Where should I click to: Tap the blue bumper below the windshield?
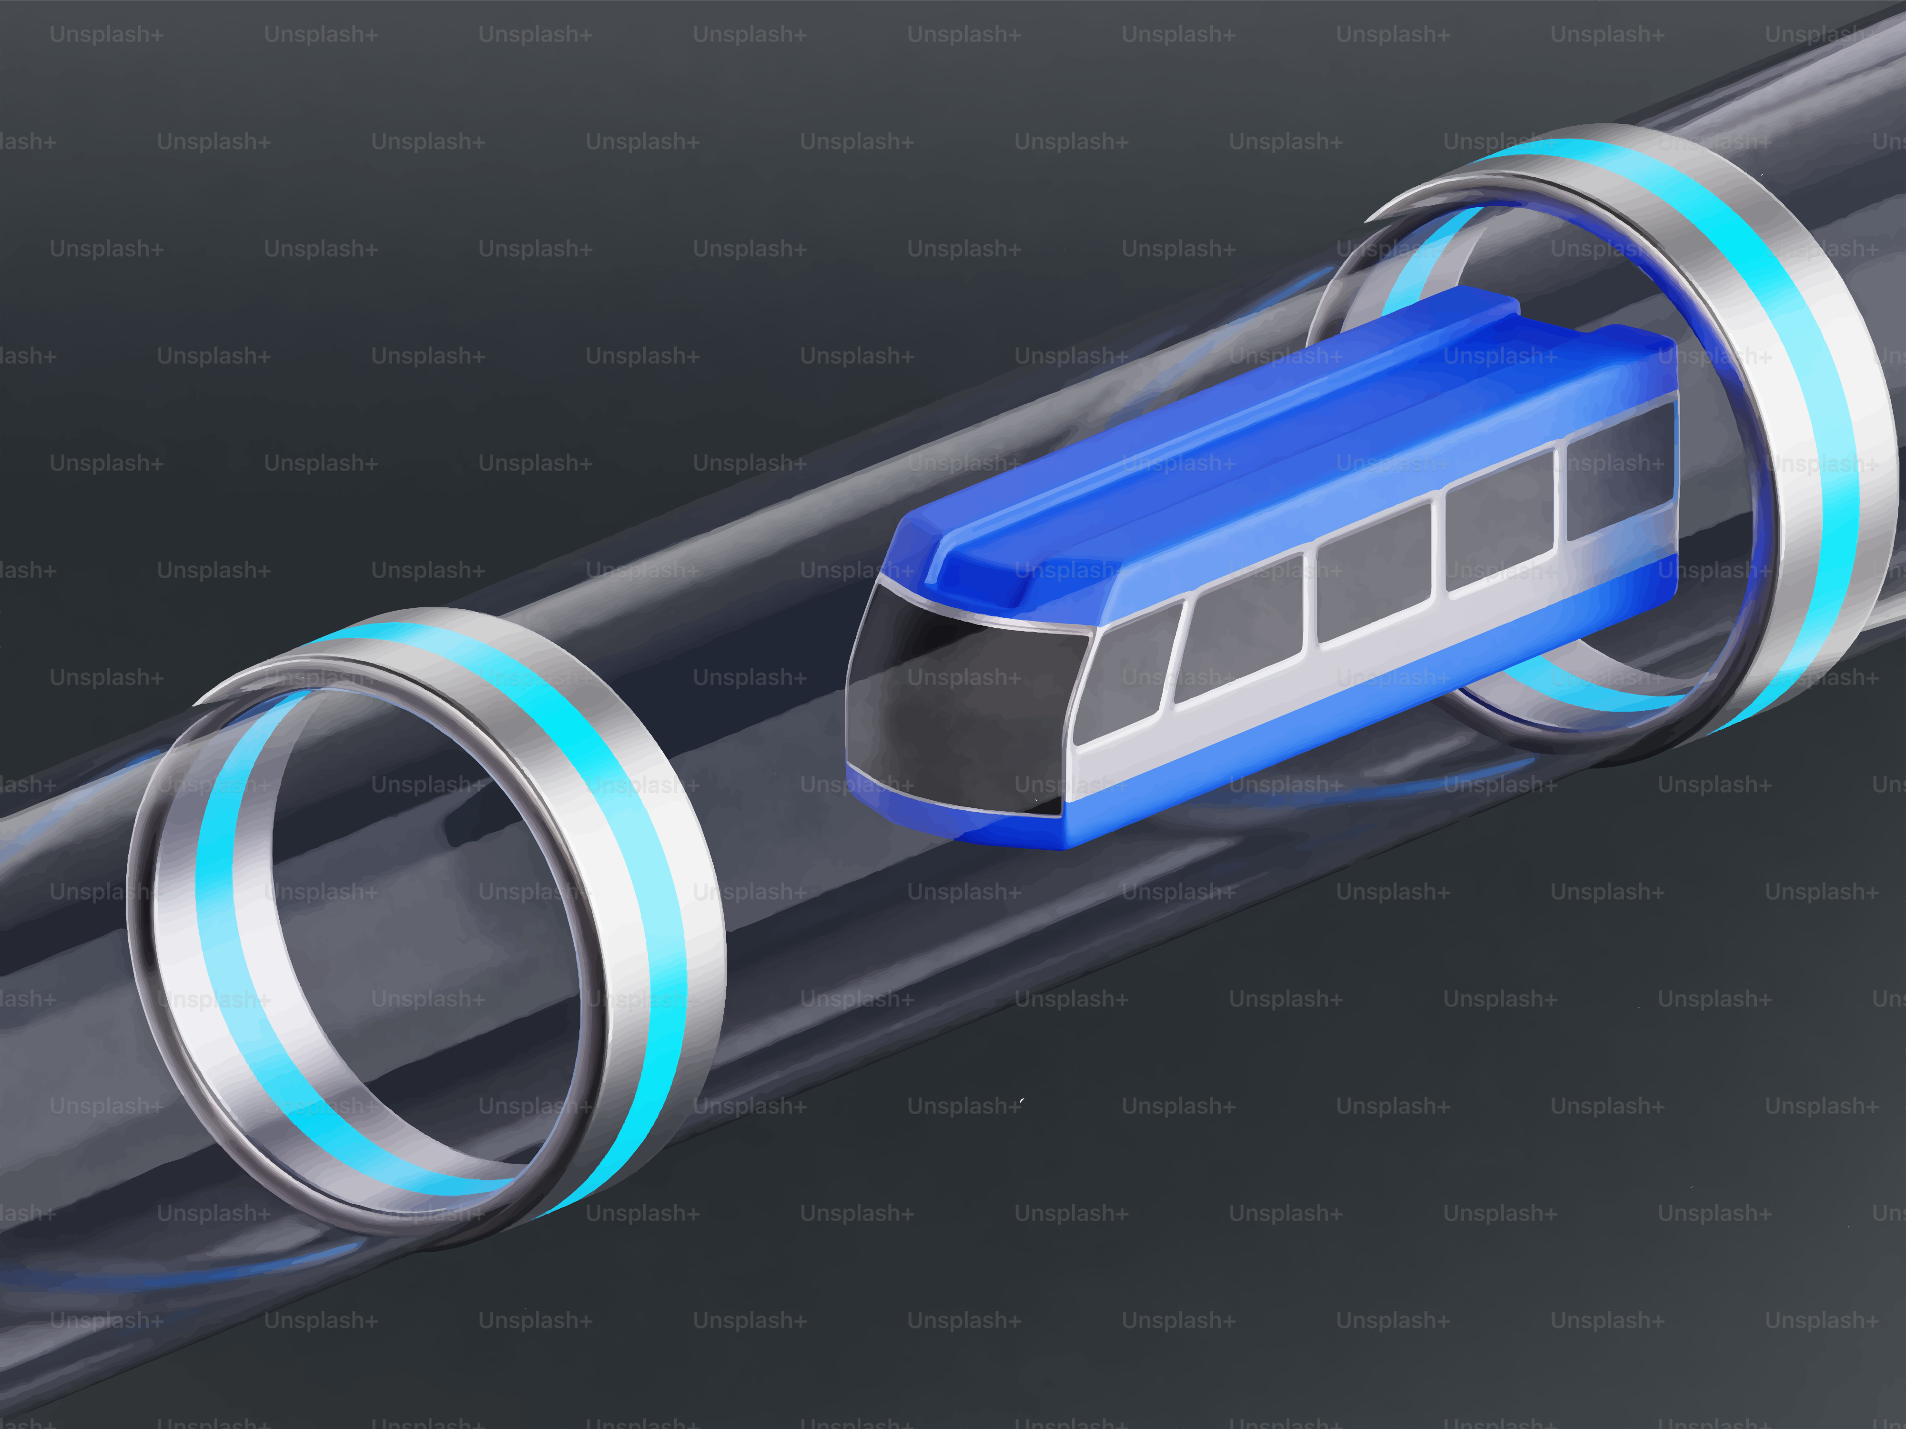(948, 814)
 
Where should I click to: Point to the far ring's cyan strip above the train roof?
(1422, 258)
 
